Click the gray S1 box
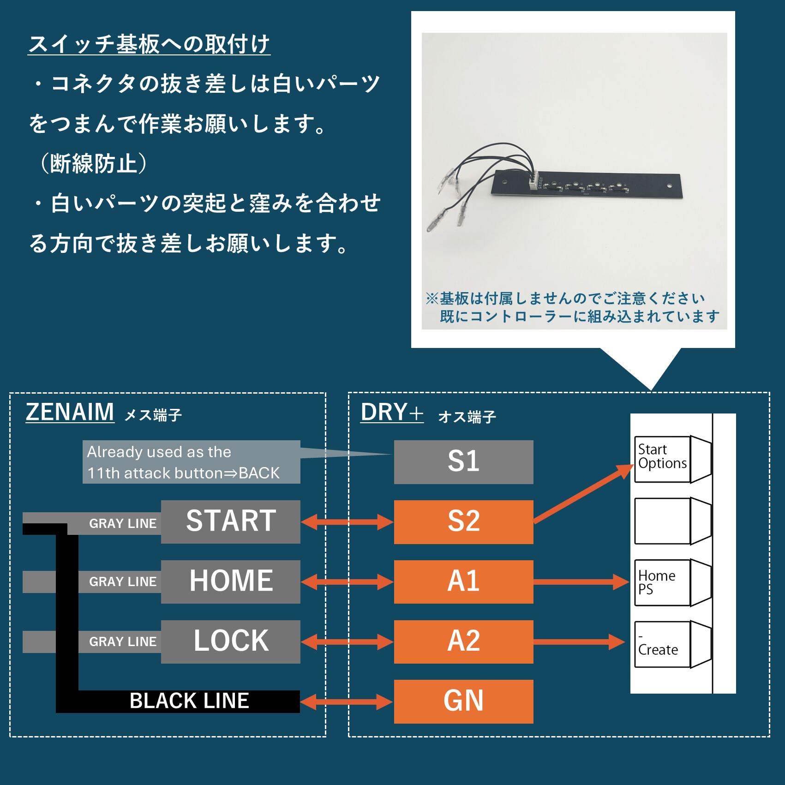pos(463,461)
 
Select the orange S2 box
pos(463,521)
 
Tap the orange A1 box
pos(463,581)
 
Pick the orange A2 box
pos(463,641)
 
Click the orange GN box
pos(463,701)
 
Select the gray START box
pos(231,521)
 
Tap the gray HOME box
pos(231,581)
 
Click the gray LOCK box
pos(231,641)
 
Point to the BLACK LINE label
pos(189,701)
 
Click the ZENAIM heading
pos(70,412)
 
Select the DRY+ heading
pos(391,412)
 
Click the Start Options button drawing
pos(672,459)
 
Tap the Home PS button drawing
pos(672,583)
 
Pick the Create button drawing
pos(672,644)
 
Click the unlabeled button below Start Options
pos(672,521)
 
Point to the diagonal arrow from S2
pos(584,494)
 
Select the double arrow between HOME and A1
pos(347,582)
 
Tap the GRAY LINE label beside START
pos(123,523)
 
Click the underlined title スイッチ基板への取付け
pos(149,45)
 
